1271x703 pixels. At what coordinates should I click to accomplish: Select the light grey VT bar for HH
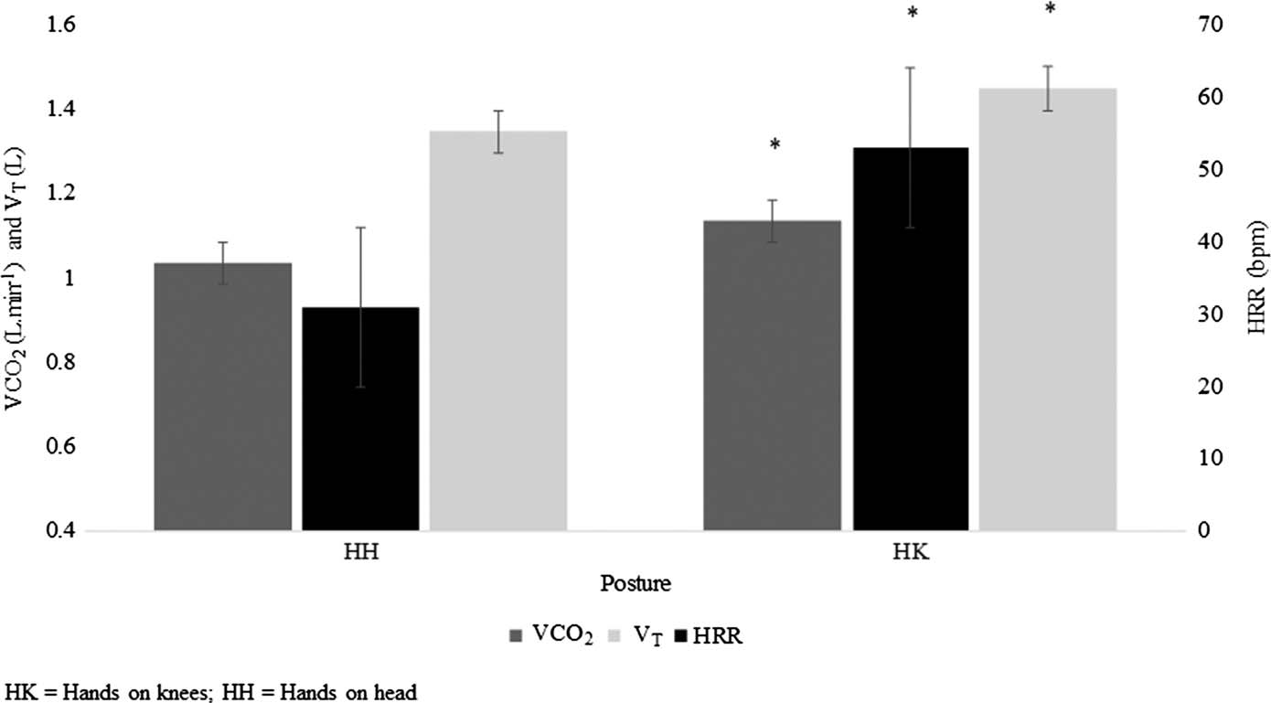coord(498,330)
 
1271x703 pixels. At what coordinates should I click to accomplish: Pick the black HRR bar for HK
coord(910,338)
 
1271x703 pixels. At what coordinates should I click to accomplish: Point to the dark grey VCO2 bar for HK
coord(772,375)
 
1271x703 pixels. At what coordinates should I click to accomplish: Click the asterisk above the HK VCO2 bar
coord(774,144)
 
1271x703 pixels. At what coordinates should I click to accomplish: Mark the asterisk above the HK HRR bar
coord(911,14)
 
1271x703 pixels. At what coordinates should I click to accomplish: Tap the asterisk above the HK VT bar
coord(1050,9)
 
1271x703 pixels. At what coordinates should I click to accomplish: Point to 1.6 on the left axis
coord(54,25)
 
